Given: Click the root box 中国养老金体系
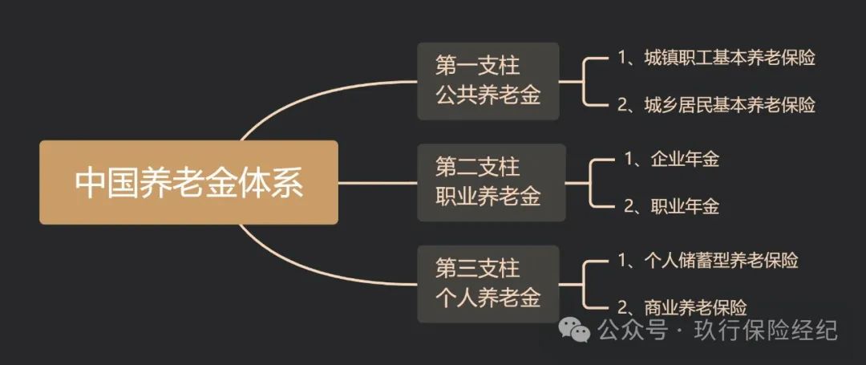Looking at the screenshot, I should [x=188, y=182].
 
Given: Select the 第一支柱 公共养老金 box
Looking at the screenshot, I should [x=488, y=81].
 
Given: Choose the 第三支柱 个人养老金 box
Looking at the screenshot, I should [x=488, y=284].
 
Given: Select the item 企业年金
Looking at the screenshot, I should [x=684, y=159].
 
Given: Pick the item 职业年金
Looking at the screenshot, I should [x=684, y=206].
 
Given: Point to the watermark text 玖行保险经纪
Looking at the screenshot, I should [x=765, y=330].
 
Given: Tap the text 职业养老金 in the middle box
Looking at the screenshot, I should [x=488, y=197].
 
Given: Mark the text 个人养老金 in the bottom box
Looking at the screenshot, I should [x=488, y=299].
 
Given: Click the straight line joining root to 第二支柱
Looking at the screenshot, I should [x=377, y=182].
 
